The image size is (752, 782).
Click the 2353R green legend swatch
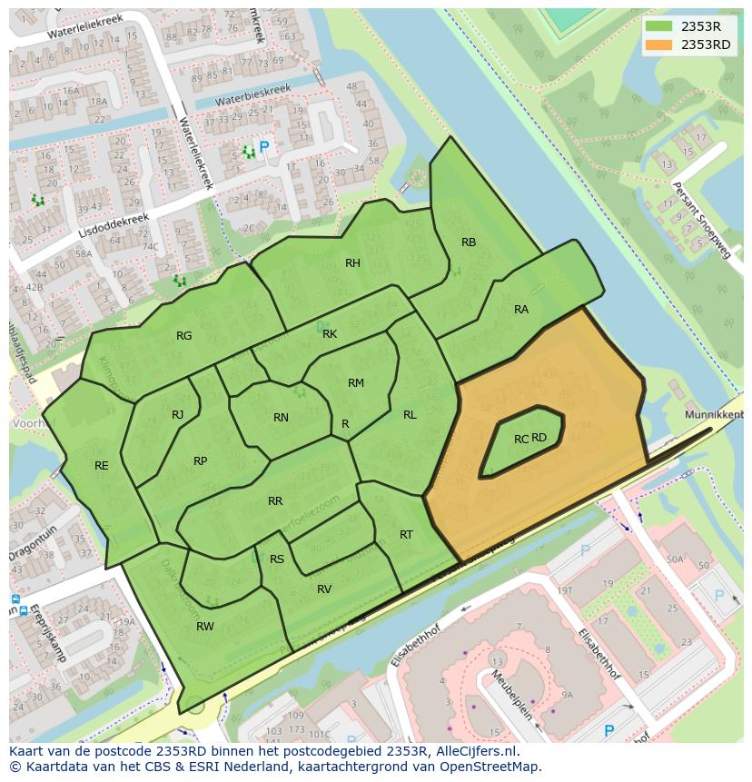point(659,26)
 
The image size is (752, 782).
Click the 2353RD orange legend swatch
point(659,45)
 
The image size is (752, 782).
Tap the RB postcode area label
point(469,243)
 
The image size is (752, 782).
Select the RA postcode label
point(521,310)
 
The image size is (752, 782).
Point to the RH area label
point(352,263)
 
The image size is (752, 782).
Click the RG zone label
point(184,336)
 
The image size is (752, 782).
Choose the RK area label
point(330,334)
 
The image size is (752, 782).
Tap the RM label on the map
point(356,383)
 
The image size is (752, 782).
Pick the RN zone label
point(281,418)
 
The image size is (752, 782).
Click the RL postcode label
point(410,415)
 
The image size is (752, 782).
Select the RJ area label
point(178,415)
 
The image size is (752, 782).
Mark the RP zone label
point(201,461)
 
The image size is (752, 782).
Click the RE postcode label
point(102,466)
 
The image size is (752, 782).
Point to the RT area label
point(406,535)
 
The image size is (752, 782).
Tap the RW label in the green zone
point(205,627)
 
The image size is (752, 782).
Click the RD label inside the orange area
point(539,438)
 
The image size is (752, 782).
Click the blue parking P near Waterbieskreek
point(264,146)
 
